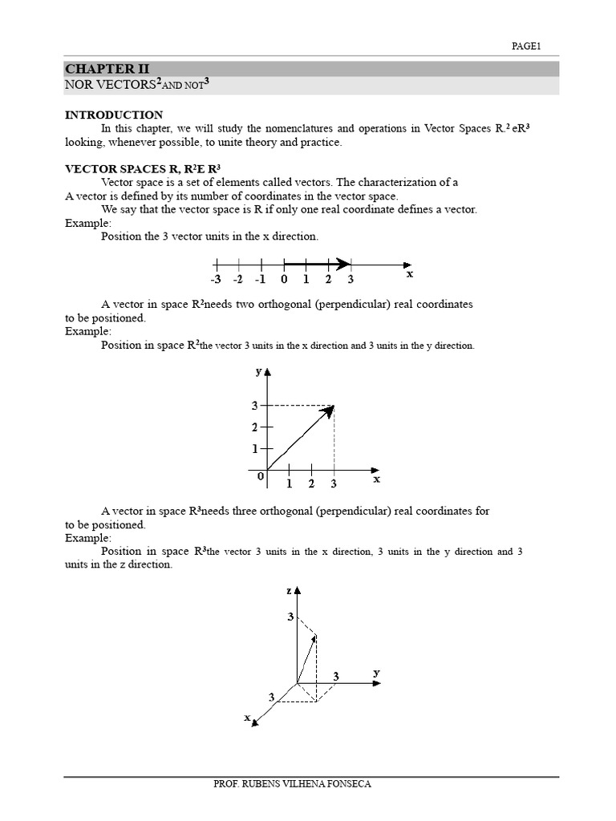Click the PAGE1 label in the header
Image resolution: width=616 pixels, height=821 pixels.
coord(527,47)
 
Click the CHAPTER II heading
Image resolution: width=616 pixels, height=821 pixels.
coord(107,69)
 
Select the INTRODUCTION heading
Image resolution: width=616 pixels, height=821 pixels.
coord(113,115)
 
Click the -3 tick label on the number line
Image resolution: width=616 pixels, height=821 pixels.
coord(216,280)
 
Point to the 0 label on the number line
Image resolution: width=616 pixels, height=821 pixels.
coord(284,280)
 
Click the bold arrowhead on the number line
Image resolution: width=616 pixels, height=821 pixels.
coord(342,264)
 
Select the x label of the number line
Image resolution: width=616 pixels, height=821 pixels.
coord(410,273)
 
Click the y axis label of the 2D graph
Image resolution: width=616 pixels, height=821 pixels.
coord(258,371)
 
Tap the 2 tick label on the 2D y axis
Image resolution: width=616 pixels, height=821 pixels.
coord(254,427)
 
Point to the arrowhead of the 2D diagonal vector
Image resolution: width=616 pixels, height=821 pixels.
coord(328,411)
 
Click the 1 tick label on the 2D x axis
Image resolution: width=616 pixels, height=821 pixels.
coord(289,484)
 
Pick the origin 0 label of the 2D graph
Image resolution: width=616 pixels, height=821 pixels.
coord(260,476)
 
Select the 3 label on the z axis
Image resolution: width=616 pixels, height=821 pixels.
coord(290,617)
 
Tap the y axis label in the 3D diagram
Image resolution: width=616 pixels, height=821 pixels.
coord(375,672)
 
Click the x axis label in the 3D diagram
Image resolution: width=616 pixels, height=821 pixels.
coord(247,717)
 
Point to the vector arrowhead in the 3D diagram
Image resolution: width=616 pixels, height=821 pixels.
coord(314,639)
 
